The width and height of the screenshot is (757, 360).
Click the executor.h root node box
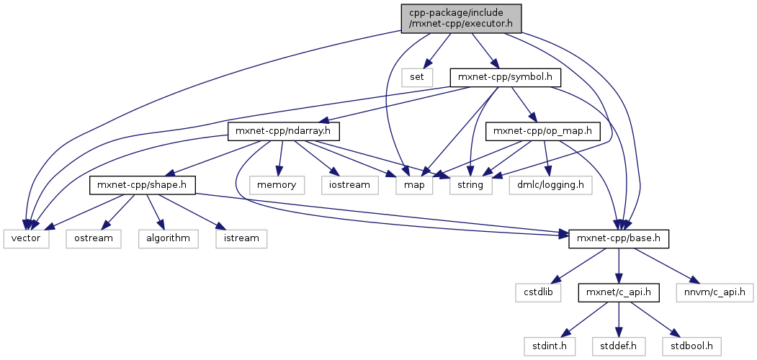(460, 18)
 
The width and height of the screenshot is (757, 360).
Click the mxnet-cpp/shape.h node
(143, 185)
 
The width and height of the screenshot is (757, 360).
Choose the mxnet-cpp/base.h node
(619, 238)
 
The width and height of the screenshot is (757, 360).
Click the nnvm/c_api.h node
(715, 292)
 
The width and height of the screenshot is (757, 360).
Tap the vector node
(27, 238)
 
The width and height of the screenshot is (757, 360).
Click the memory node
(277, 185)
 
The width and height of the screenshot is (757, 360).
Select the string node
(472, 185)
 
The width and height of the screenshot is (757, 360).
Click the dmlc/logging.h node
(550, 185)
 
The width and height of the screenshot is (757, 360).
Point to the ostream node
(94, 238)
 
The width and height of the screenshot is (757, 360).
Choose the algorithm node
(169, 238)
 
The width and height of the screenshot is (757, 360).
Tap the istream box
(241, 238)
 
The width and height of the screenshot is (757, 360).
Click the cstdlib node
(536, 292)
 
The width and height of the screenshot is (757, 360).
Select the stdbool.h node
(695, 346)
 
